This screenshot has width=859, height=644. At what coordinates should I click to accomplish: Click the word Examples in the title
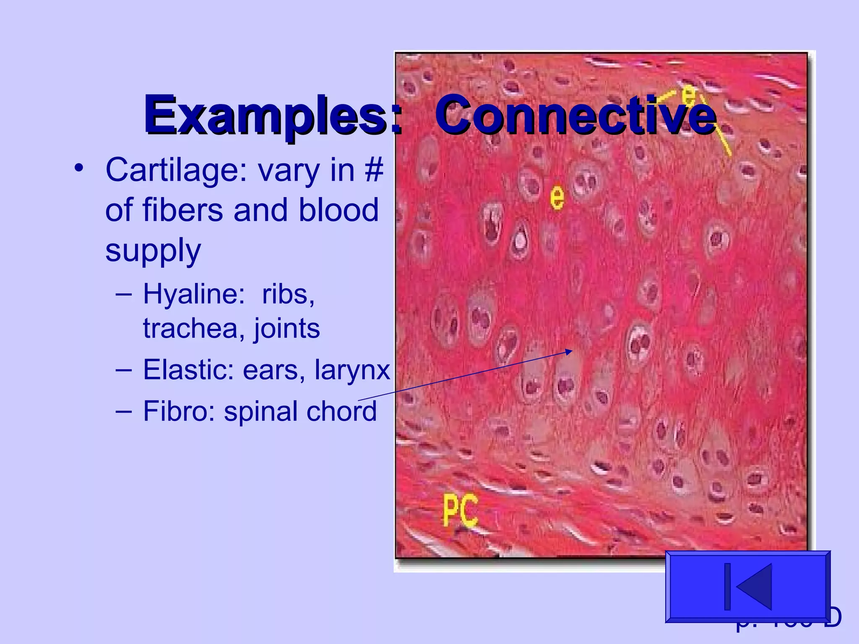pos(268,114)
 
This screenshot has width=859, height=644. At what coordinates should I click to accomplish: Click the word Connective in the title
pos(575,114)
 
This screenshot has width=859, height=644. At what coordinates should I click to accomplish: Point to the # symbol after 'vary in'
pos(374,170)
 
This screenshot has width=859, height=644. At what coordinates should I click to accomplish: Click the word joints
pos(287,328)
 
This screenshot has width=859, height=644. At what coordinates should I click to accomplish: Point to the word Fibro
pos(179,411)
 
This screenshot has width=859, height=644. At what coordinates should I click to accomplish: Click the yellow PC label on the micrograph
pos(460,510)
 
